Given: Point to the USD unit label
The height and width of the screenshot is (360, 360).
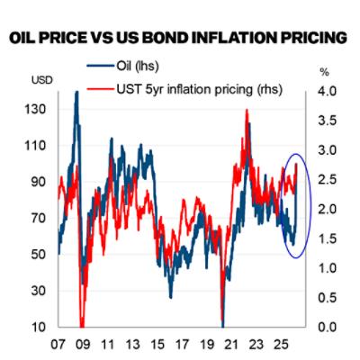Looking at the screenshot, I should click(41, 82).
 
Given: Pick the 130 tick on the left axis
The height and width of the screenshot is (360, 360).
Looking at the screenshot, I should click(41, 108).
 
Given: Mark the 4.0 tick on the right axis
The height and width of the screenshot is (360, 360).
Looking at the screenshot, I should click(328, 91).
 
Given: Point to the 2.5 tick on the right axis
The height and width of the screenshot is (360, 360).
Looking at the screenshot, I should click(328, 179).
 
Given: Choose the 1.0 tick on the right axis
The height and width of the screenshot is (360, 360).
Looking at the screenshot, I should click(328, 267).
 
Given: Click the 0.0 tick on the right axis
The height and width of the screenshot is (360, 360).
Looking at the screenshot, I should click(328, 327).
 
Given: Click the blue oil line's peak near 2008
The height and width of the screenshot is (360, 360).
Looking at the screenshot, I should click(76, 92).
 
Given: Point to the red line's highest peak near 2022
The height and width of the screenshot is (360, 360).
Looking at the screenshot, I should click(247, 110).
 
